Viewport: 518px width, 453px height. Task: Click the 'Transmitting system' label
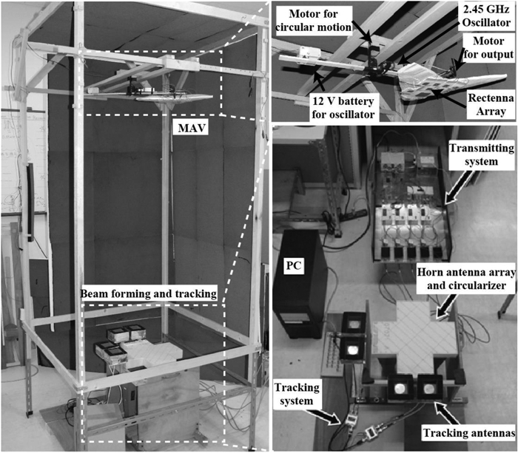[x=480, y=157]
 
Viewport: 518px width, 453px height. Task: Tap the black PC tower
[x=300, y=296]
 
